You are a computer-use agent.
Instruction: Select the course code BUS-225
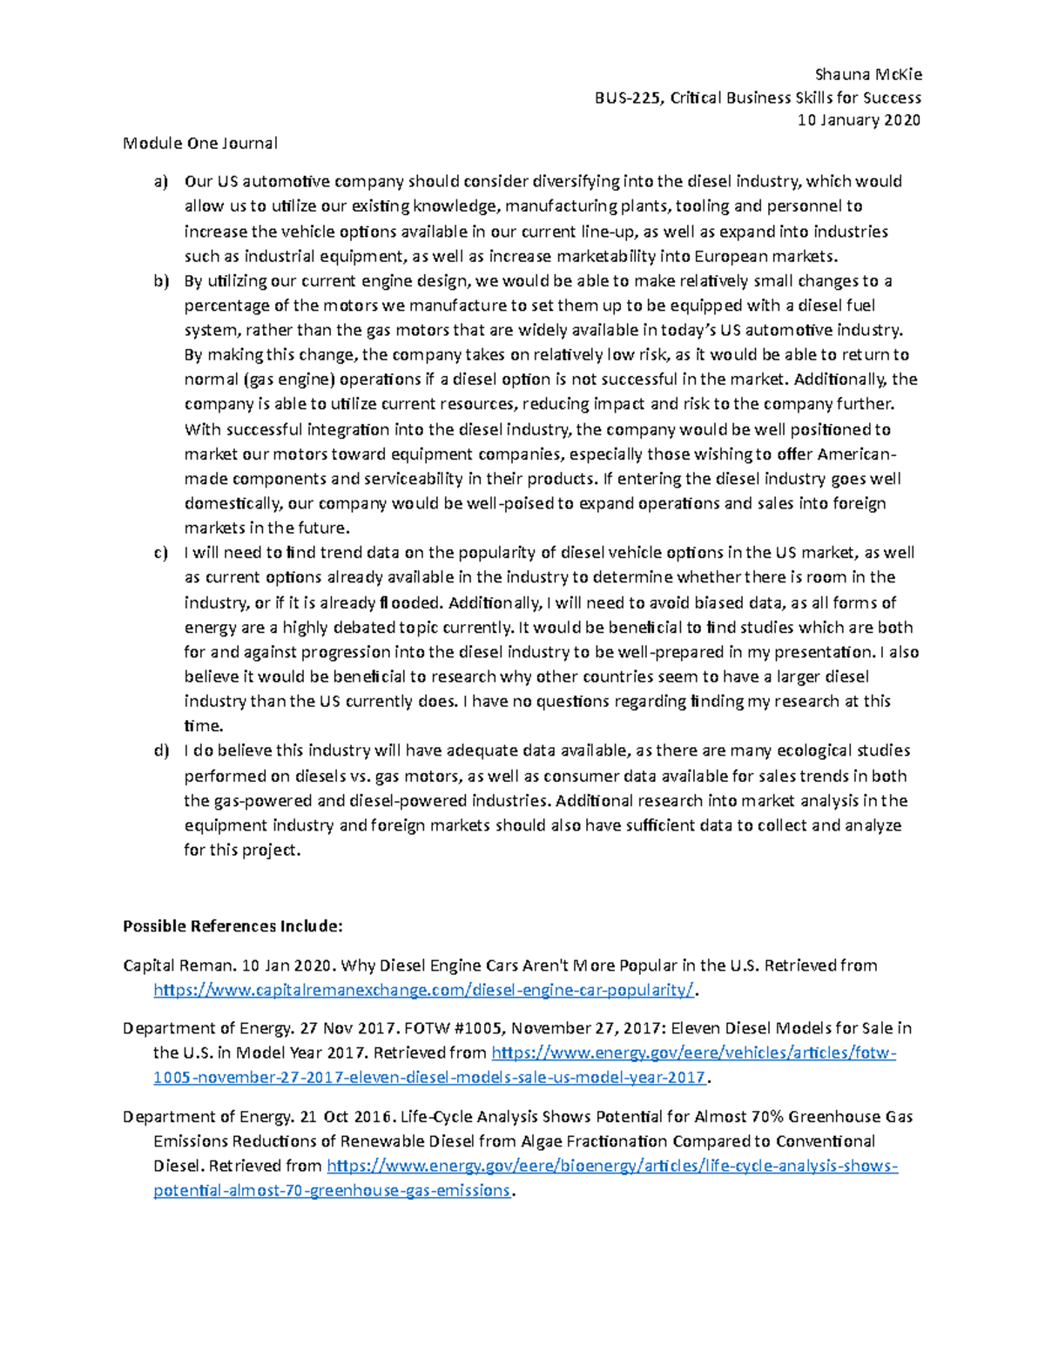627,98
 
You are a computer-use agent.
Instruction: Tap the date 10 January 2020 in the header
859,120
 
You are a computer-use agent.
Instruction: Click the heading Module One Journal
200,143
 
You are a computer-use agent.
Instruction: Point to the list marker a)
160,182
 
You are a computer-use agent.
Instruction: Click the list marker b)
160,281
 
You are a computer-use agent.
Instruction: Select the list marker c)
160,553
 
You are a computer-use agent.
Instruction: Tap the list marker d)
160,750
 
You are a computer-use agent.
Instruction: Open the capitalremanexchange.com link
425,990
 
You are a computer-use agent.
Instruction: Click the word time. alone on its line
204,726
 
